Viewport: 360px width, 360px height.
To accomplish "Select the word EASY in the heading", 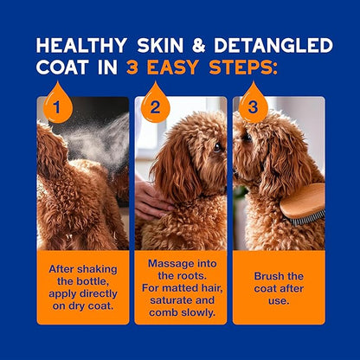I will pyautogui.click(x=207, y=68).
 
